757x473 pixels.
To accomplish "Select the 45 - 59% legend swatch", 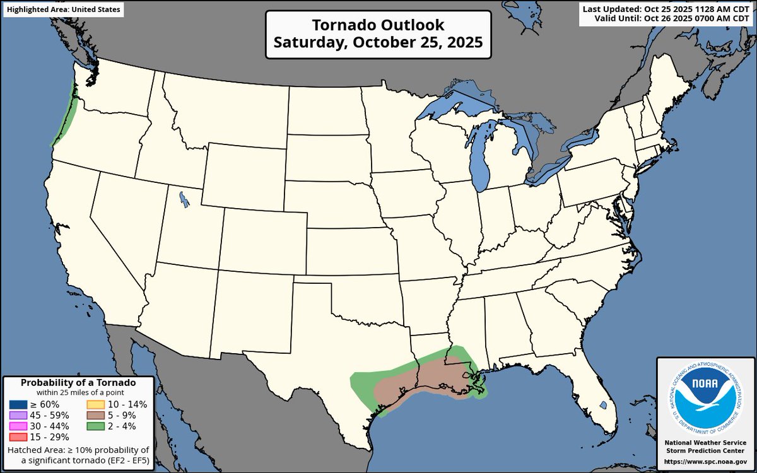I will (18, 415).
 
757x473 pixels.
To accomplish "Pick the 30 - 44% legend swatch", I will (18, 426).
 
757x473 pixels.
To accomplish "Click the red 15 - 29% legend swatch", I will (18, 436).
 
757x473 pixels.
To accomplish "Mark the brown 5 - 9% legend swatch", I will (95, 415).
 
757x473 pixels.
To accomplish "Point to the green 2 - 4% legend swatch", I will (95, 426).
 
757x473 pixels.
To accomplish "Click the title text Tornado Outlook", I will (378, 26).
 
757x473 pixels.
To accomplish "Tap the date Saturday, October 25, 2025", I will (378, 43).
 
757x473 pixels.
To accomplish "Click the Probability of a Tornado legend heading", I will (78, 383).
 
